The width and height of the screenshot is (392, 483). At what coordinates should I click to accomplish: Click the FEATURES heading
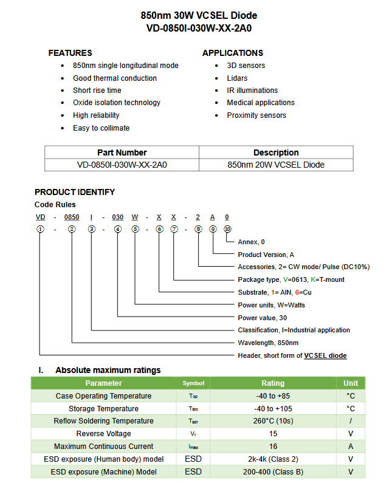70,53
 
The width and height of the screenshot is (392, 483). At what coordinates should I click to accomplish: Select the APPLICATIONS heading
233,53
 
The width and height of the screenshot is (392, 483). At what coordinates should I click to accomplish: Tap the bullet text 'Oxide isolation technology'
117,103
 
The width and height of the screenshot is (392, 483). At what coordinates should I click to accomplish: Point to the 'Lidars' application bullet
237,78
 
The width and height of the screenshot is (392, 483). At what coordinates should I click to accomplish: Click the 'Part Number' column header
122,152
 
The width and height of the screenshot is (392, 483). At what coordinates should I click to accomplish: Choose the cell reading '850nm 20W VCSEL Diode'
276,165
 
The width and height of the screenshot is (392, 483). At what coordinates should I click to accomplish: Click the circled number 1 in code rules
40,229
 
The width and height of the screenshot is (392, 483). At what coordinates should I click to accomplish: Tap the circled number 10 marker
227,229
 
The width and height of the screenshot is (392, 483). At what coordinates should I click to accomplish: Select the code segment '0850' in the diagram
72,217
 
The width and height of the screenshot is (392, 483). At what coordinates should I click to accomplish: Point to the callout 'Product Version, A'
266,255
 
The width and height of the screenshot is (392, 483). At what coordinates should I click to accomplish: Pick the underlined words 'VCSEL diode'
325,355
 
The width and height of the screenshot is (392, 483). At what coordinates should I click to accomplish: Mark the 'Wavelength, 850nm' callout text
268,343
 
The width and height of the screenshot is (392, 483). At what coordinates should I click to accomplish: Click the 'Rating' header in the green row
273,383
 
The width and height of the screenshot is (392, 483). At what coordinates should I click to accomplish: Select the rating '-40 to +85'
273,396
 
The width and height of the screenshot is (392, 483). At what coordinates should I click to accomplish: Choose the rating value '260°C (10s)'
273,421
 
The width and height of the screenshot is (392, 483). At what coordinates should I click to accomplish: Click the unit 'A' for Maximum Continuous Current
351,447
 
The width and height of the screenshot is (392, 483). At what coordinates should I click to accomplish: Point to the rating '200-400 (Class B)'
273,472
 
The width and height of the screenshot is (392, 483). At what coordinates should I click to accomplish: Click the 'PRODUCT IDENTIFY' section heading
75,192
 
